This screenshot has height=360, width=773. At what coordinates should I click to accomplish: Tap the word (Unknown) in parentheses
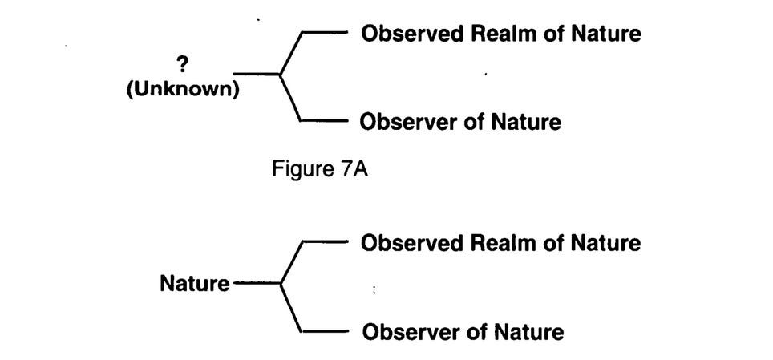[x=183, y=89]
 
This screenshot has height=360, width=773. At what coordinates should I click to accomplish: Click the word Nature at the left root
[x=194, y=283]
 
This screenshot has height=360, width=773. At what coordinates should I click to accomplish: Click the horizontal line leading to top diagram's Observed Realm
[x=324, y=33]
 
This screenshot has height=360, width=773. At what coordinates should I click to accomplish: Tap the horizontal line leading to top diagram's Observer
[x=324, y=122]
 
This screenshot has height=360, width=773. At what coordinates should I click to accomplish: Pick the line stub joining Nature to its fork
[x=255, y=283]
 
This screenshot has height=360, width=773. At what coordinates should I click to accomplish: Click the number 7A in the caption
[x=353, y=170]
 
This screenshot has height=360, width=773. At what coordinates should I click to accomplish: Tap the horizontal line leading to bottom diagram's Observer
[x=324, y=330]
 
